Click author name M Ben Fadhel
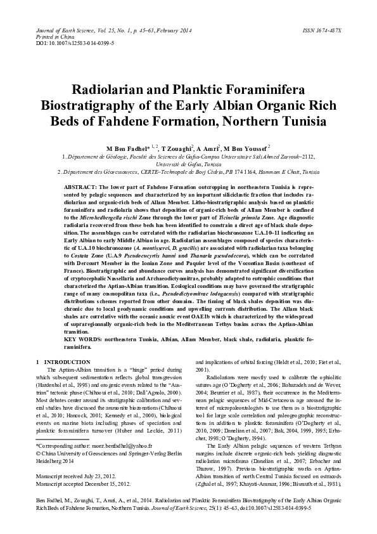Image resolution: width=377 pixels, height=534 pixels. click(126, 147)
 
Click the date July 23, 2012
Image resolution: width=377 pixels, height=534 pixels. click(99, 475)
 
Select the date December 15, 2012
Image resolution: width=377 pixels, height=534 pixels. click(106, 483)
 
